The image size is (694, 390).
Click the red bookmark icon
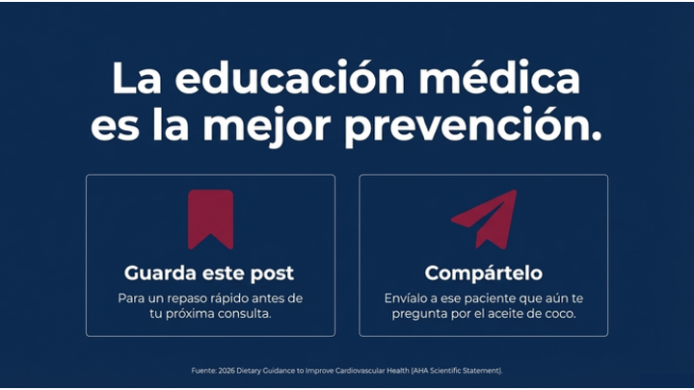[210, 220]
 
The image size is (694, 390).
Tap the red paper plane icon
[484, 220]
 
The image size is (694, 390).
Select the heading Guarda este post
[210, 273]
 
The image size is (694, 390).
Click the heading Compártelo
[484, 273]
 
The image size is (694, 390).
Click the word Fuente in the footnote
[203, 371]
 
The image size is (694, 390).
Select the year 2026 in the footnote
[229, 371]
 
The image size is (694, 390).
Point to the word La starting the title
[134, 79]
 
